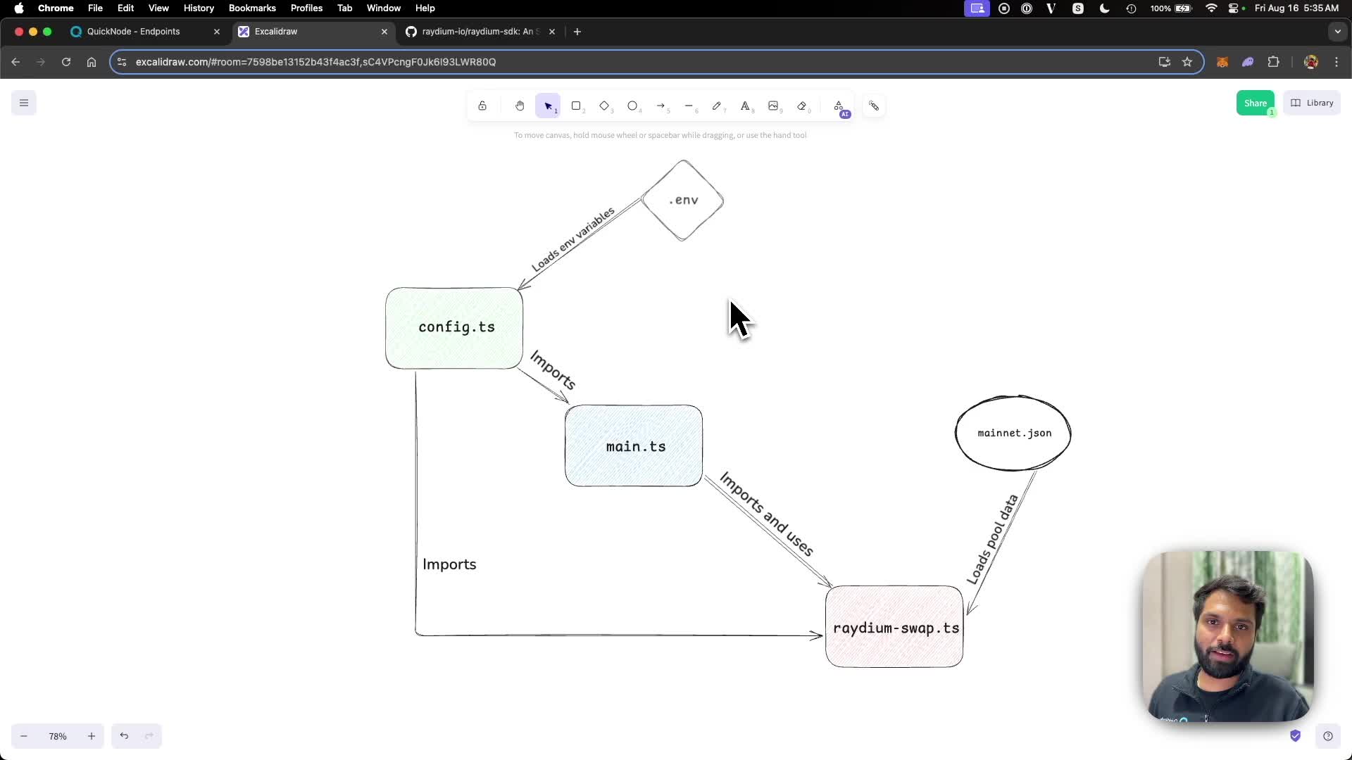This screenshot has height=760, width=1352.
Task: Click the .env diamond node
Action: [x=682, y=201]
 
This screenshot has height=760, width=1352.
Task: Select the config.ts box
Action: [x=454, y=328]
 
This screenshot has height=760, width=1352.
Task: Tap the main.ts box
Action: [x=634, y=446]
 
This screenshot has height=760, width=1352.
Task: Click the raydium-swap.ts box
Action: [x=894, y=627]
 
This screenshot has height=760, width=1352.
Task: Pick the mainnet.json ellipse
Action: [x=1013, y=433]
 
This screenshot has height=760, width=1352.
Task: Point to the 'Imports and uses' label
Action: [x=767, y=514]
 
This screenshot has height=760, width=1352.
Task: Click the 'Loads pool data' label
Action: [x=992, y=539]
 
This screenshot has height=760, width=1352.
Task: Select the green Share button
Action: [x=1255, y=103]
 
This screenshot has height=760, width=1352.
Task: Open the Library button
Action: [x=1312, y=103]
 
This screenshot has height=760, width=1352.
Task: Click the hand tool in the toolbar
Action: [x=520, y=106]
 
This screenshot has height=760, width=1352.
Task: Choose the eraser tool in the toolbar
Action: [x=801, y=106]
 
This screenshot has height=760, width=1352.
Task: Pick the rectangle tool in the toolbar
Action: [x=576, y=106]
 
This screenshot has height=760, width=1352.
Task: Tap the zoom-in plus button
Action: [x=92, y=736]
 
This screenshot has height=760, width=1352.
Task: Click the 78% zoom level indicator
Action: [x=58, y=736]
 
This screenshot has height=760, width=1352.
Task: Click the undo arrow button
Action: [x=124, y=736]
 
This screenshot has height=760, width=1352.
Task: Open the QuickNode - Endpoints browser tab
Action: [x=134, y=32]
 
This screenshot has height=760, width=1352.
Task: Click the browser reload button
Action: [x=66, y=62]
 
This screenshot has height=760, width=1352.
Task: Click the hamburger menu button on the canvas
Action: [x=24, y=103]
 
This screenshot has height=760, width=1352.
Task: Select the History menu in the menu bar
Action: [x=199, y=8]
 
